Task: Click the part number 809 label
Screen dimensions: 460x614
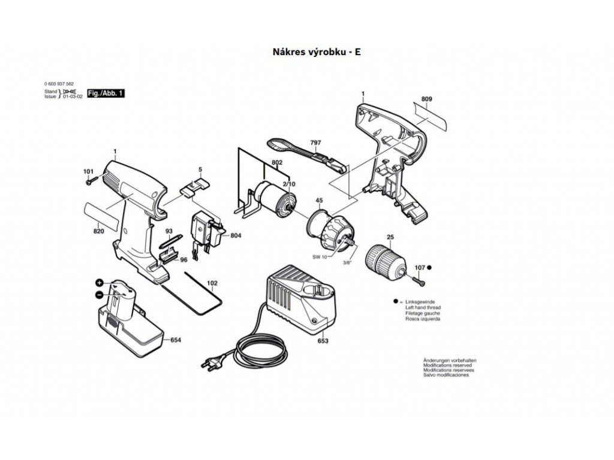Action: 426,98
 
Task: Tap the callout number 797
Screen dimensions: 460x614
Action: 315,143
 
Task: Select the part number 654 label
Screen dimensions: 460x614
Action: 176,340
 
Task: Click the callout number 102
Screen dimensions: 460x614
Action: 212,283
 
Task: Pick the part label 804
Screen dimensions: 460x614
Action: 236,236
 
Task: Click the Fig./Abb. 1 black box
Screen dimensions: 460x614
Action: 106,94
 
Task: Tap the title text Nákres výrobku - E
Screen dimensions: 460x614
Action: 317,52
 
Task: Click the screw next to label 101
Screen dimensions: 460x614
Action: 91,179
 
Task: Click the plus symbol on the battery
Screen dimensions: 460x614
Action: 98,283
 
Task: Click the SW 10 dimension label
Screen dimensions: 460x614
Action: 320,257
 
